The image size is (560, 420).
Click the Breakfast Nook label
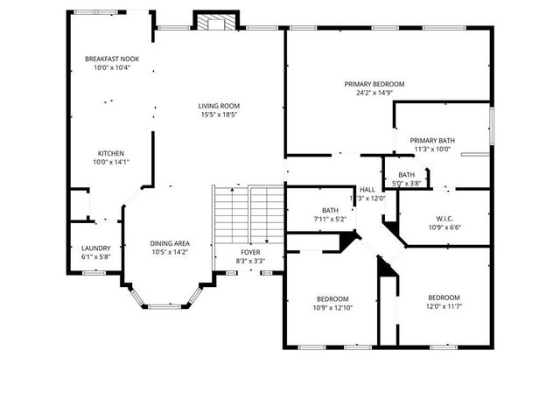(x=111, y=59)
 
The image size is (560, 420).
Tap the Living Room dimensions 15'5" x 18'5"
(x=218, y=115)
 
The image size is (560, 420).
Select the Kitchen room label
(x=111, y=152)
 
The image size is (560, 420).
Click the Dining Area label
(x=169, y=243)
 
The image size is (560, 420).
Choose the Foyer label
(x=250, y=253)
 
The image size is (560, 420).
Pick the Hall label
(x=367, y=189)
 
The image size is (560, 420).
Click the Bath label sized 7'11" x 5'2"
(x=330, y=210)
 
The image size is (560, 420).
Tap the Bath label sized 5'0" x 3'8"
(x=407, y=175)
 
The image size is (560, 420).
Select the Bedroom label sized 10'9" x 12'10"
(x=332, y=298)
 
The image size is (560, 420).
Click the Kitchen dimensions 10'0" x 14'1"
(x=111, y=162)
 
